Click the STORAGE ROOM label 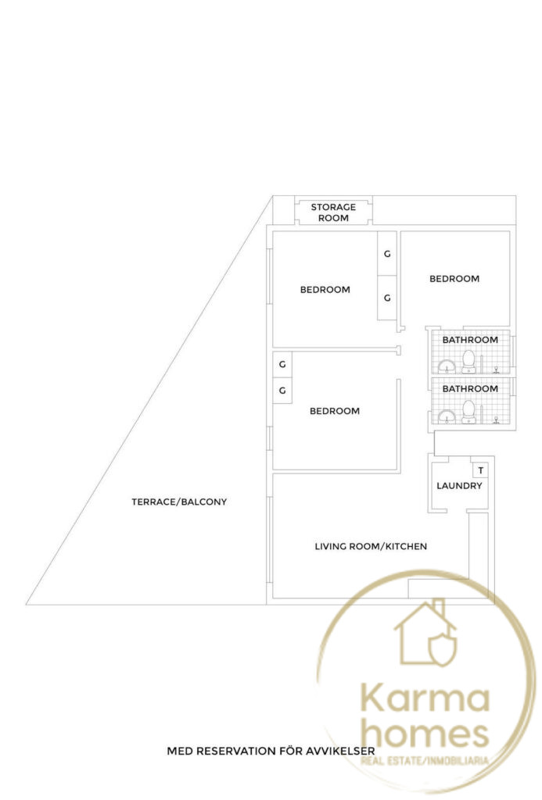coord(333,212)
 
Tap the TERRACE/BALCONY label coord(179,502)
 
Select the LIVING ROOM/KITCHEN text coord(371,546)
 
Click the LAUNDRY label coord(459,486)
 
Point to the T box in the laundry coord(481,470)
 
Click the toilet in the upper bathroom coord(468,362)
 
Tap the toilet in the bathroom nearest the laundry coord(468,411)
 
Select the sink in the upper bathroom coord(447,367)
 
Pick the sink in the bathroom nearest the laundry coord(447,417)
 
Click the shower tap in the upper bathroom coord(496,370)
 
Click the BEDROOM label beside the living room coord(335,411)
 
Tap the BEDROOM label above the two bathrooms coord(454,279)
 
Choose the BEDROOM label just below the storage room coord(325,289)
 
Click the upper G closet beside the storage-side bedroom coord(387,254)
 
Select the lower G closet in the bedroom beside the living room coord(282,391)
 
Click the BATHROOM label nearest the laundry coord(470,389)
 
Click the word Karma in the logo coord(425,698)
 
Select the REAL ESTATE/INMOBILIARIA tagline coord(425,761)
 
